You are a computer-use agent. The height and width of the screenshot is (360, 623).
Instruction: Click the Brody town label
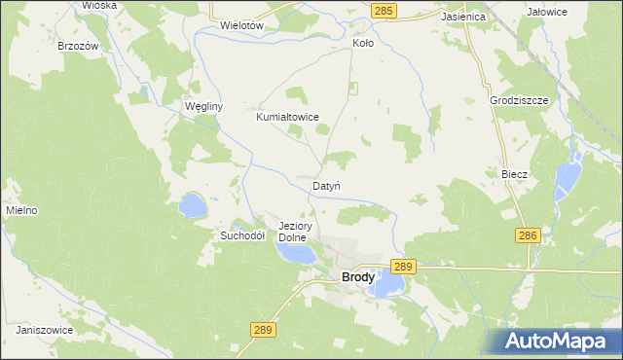[x=358, y=277]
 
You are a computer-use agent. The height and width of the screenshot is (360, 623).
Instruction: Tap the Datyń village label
[x=326, y=185]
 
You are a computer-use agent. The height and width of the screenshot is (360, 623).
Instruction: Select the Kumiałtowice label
[x=287, y=117]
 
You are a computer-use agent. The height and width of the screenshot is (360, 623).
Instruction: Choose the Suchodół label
[x=242, y=235]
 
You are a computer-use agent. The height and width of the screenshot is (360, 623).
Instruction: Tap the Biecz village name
[x=514, y=174]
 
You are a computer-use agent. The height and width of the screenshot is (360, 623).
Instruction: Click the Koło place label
[x=362, y=44]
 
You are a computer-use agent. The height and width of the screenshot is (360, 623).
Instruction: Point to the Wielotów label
[x=243, y=25]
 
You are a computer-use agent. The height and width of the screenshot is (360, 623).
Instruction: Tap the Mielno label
[x=21, y=210]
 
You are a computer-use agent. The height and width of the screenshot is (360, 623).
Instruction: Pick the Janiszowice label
[x=45, y=330]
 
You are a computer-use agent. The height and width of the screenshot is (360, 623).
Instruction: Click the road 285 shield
[x=384, y=10]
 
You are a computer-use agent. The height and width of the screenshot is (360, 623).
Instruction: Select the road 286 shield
[x=528, y=235]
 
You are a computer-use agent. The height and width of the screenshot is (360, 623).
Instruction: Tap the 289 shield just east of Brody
[x=404, y=266]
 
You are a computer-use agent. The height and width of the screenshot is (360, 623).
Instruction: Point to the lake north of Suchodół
[x=192, y=205]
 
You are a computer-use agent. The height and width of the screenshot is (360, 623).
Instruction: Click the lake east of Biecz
[x=565, y=178]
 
